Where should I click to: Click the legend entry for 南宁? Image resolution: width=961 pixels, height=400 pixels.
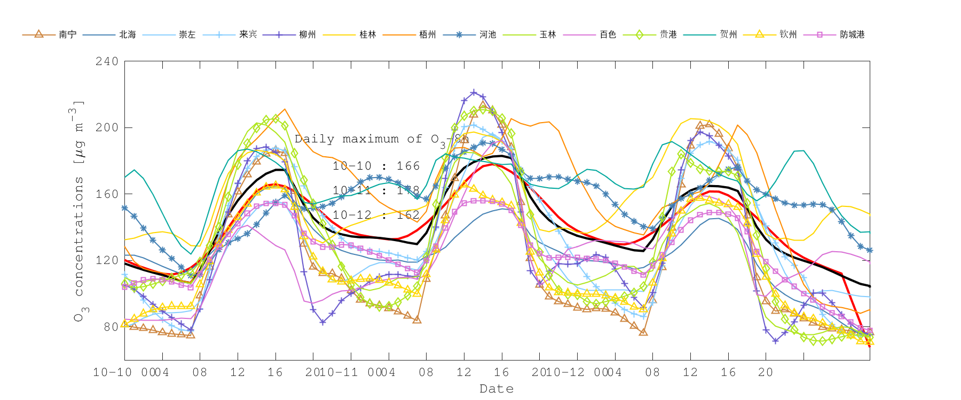point(67,35)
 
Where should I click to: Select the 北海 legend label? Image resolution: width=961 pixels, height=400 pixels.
point(128,35)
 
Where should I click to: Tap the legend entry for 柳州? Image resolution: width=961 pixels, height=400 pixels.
point(308,35)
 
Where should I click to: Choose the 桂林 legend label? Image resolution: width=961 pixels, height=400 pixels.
point(368,35)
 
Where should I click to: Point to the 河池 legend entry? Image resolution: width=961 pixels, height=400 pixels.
point(487,35)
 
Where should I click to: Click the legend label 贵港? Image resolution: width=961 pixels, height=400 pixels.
point(668,35)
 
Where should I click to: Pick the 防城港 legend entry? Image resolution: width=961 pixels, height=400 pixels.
point(852,35)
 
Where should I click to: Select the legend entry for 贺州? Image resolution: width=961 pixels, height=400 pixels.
point(728,35)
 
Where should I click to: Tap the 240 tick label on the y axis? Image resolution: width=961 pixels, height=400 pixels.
point(107,61)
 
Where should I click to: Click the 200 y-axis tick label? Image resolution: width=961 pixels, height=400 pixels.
point(107,127)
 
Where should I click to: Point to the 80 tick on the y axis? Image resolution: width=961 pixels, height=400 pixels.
point(111,326)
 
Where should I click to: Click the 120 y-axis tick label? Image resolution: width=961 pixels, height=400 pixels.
point(107,260)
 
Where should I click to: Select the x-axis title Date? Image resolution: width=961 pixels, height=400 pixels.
point(497,389)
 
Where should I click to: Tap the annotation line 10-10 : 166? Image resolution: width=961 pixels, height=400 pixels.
point(376,166)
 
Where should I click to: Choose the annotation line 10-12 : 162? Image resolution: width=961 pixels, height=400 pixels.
point(376,215)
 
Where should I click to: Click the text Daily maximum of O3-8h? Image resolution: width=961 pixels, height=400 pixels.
point(382,140)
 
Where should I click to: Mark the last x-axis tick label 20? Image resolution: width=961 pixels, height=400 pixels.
point(766,372)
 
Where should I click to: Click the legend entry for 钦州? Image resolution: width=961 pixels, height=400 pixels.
point(788,35)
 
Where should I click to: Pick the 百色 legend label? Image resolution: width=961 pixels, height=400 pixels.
point(608,35)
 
